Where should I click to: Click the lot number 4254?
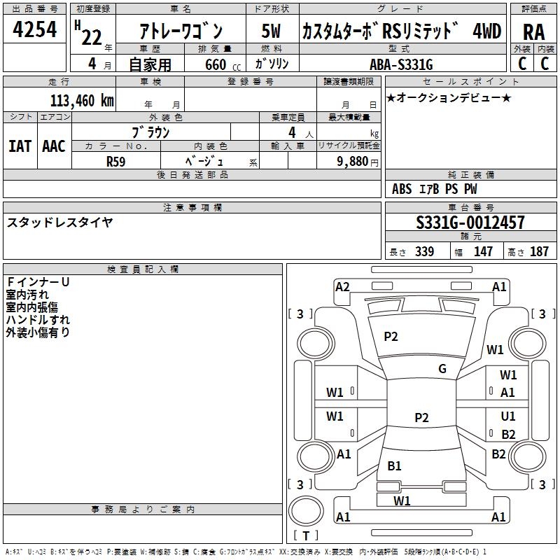click(x=35, y=31)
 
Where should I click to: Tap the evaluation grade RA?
click(x=533, y=31)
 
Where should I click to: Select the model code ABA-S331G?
click(x=401, y=64)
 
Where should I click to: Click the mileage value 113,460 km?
click(x=81, y=100)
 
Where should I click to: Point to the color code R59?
click(x=116, y=161)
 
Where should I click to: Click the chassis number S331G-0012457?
click(x=470, y=223)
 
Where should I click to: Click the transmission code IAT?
click(x=20, y=146)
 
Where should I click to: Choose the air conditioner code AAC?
click(x=54, y=146)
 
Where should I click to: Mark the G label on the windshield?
click(x=442, y=369)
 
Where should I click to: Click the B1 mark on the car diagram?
click(x=394, y=466)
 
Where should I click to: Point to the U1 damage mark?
click(x=508, y=416)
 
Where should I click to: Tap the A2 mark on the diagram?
click(x=342, y=286)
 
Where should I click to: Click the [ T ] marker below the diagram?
click(x=305, y=535)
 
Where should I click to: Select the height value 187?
click(x=539, y=251)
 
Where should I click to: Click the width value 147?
click(x=483, y=251)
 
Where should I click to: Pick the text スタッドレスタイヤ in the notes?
click(x=60, y=223)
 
